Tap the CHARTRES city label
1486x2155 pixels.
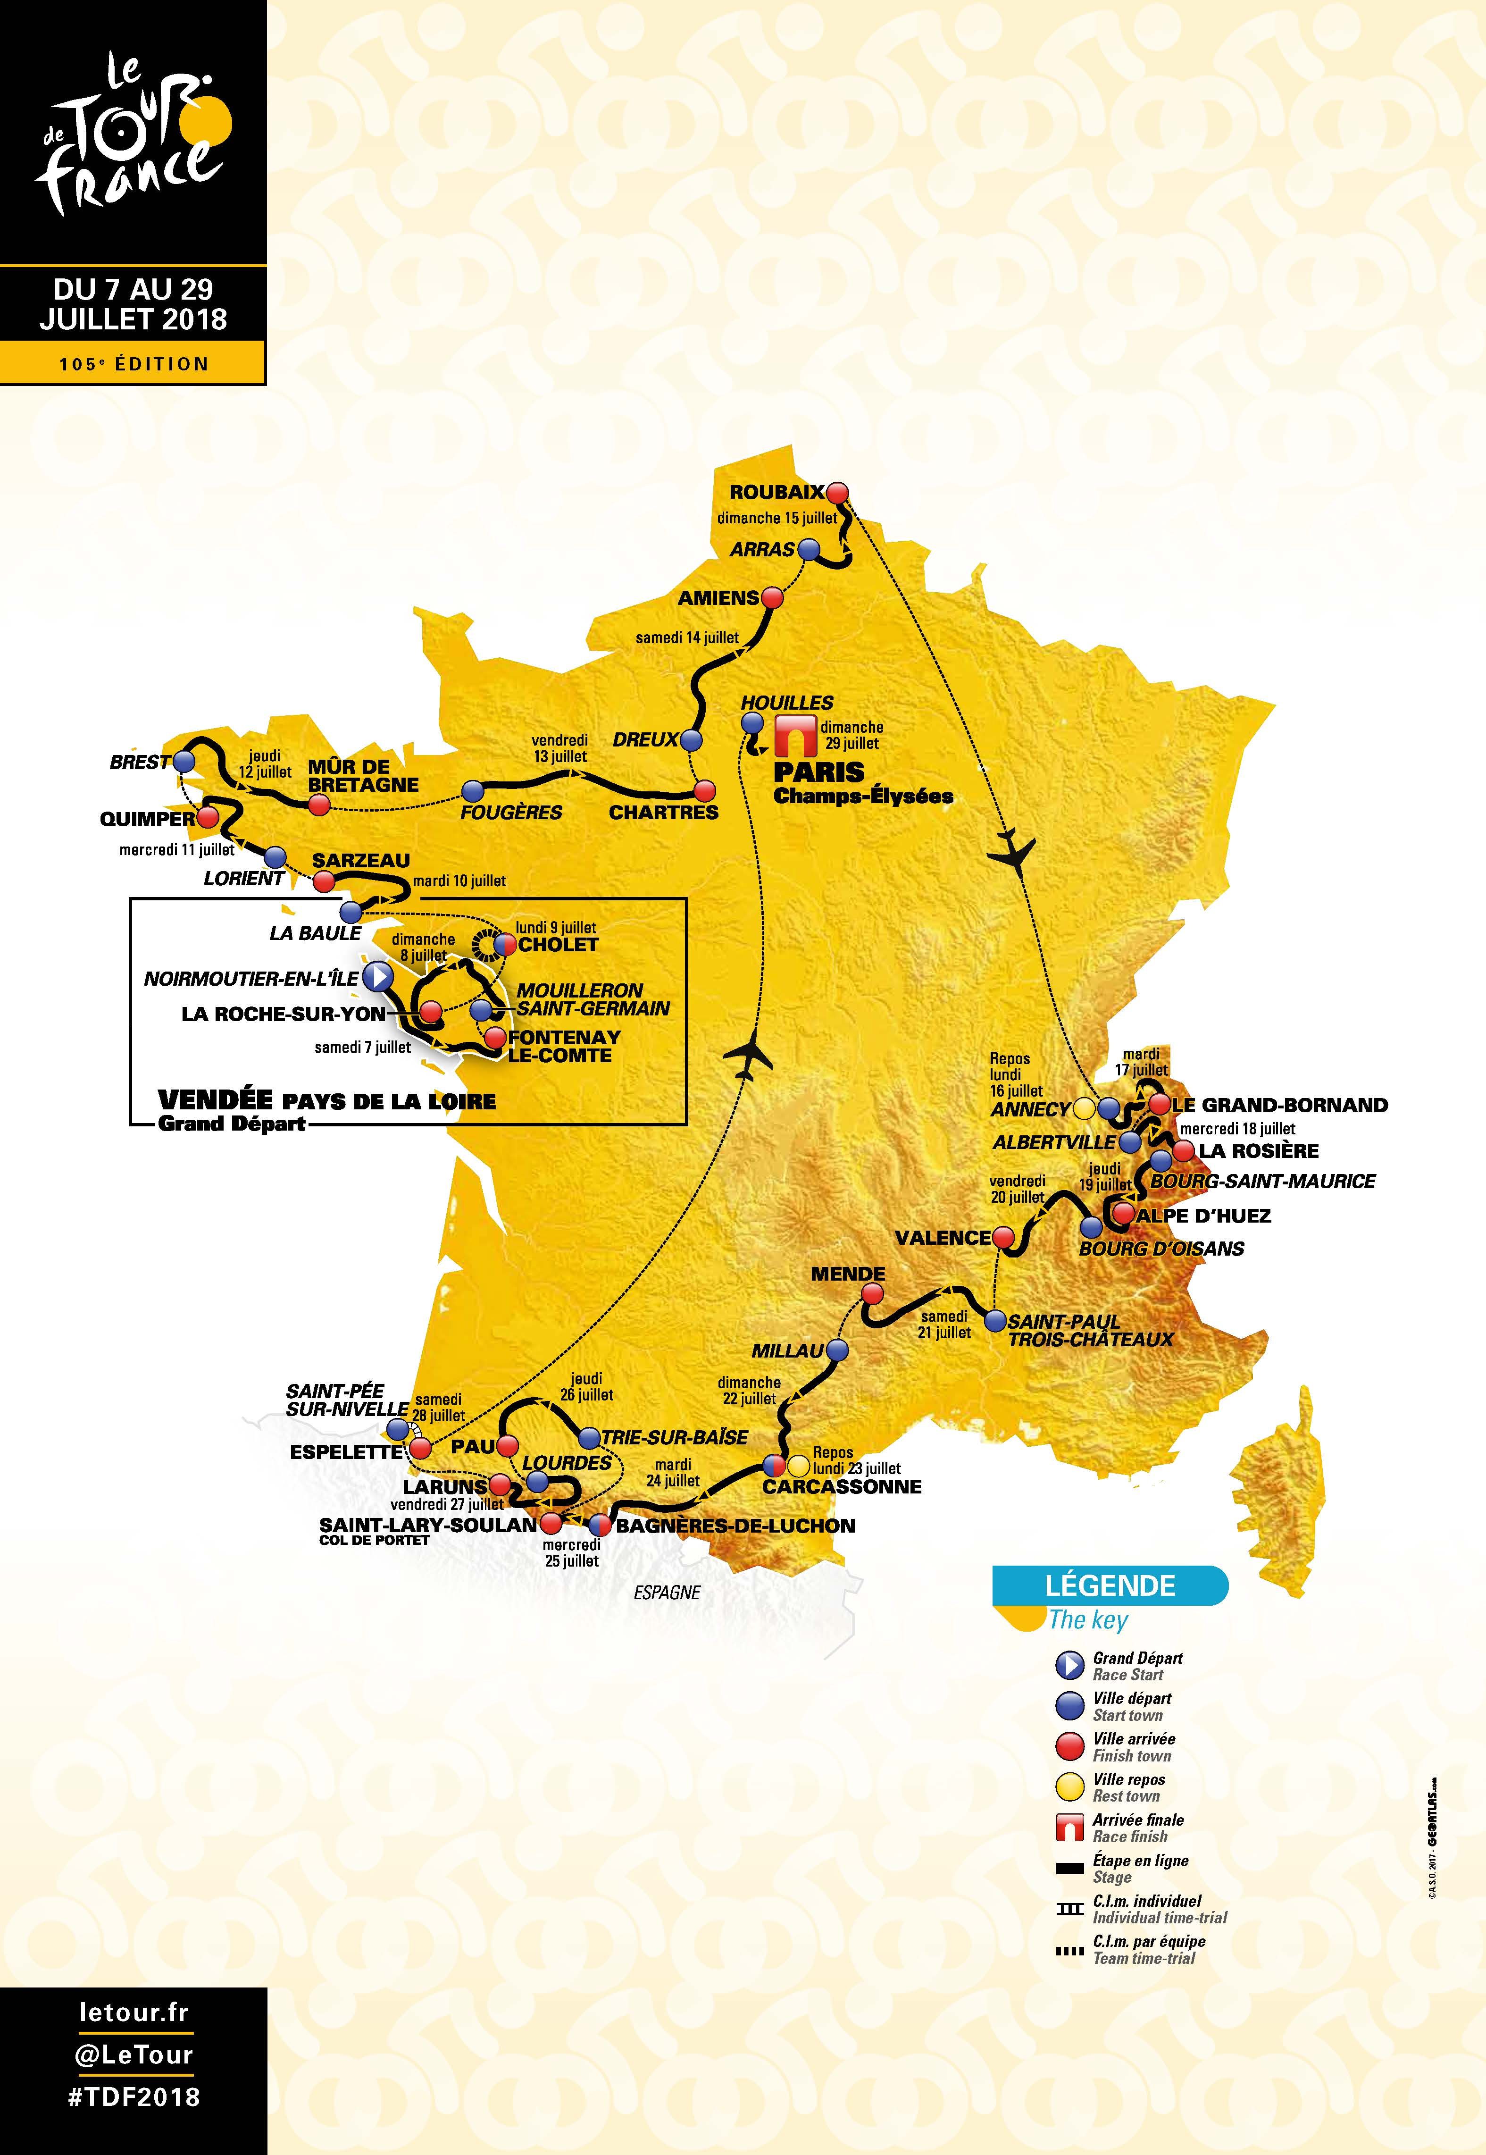(x=664, y=812)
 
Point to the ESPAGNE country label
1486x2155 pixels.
(x=667, y=1593)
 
